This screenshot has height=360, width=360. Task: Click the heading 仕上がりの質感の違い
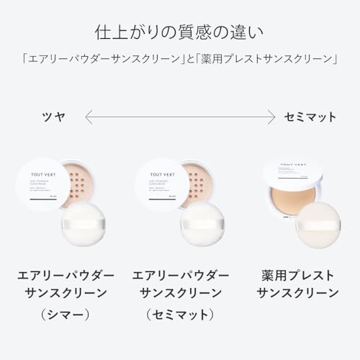[x=179, y=32]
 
